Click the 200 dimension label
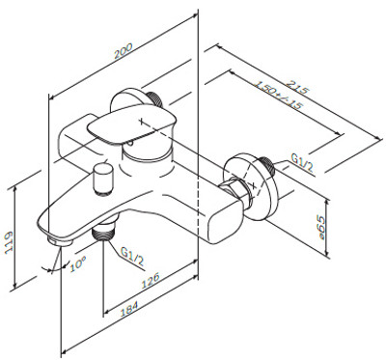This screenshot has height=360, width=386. [x=124, y=52]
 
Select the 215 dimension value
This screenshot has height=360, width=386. [x=296, y=87]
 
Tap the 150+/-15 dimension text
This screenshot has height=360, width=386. [x=278, y=95]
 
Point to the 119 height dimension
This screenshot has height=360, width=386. [x=8, y=242]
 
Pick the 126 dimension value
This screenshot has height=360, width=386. [x=151, y=279]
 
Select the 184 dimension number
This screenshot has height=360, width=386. [x=129, y=309]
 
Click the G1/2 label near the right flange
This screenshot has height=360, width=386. [x=302, y=163]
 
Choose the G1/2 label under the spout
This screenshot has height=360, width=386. [x=132, y=256]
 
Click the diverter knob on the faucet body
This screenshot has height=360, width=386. [x=102, y=179]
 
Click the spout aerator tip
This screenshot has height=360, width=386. [x=60, y=240]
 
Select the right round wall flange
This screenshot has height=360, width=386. [x=249, y=187]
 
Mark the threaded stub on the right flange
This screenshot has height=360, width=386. [x=267, y=166]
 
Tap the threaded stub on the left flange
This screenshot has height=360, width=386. [x=154, y=99]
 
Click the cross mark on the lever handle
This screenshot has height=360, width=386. [x=142, y=122]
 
